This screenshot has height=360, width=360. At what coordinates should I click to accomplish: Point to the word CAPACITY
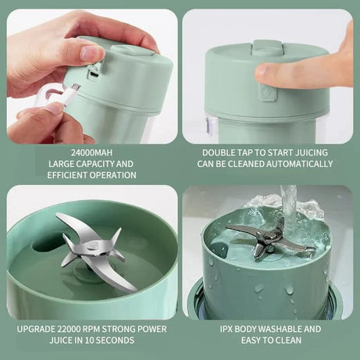coord(102,164)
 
